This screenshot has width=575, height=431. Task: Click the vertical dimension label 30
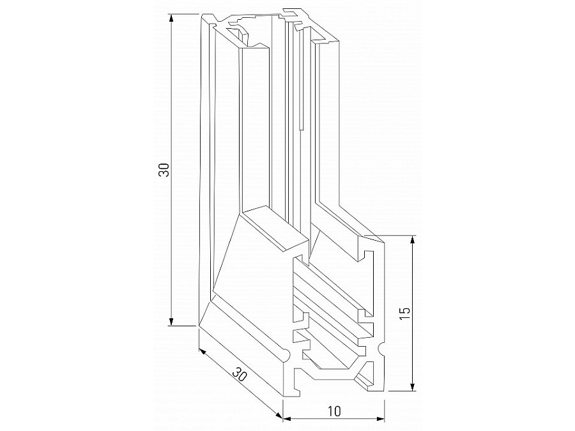click(x=164, y=170)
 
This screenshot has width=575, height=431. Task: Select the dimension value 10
click(x=333, y=410)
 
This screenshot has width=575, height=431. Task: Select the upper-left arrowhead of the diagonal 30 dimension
click(x=201, y=351)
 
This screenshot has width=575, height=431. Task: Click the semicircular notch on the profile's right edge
click(x=383, y=349)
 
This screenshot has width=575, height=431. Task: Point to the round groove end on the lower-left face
click(x=285, y=351)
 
